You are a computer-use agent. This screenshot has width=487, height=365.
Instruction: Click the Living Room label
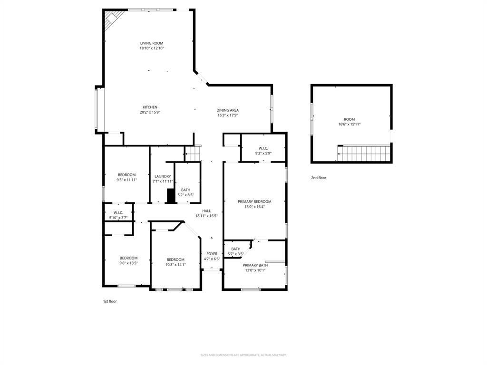tap(151, 43)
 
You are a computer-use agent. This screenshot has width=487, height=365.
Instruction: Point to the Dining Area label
tap(227, 110)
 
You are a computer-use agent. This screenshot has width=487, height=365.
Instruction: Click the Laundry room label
tap(162, 176)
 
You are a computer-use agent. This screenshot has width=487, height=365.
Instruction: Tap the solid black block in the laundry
tap(171, 196)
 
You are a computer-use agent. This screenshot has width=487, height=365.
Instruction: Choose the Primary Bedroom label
tap(254, 202)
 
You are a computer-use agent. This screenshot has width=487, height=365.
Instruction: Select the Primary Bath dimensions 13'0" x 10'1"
tap(255, 270)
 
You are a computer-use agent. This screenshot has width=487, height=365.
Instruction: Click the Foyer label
tap(212, 254)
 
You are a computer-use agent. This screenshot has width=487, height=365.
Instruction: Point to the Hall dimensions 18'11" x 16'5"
tap(206, 216)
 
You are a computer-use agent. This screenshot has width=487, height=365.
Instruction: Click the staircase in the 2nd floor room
tap(364, 154)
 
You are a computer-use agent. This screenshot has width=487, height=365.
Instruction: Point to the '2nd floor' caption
tap(319, 178)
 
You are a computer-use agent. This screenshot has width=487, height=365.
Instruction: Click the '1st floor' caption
tap(110, 301)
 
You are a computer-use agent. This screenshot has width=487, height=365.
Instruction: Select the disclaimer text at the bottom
tap(243, 355)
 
